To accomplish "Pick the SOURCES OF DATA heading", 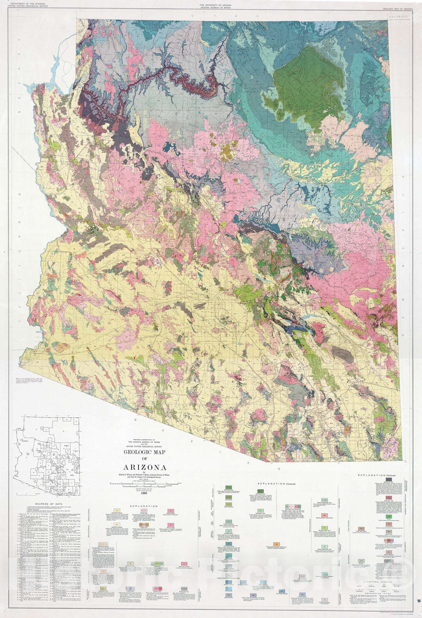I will click(47, 504).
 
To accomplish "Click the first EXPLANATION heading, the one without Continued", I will click(143, 506).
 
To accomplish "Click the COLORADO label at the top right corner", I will click(398, 17).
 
